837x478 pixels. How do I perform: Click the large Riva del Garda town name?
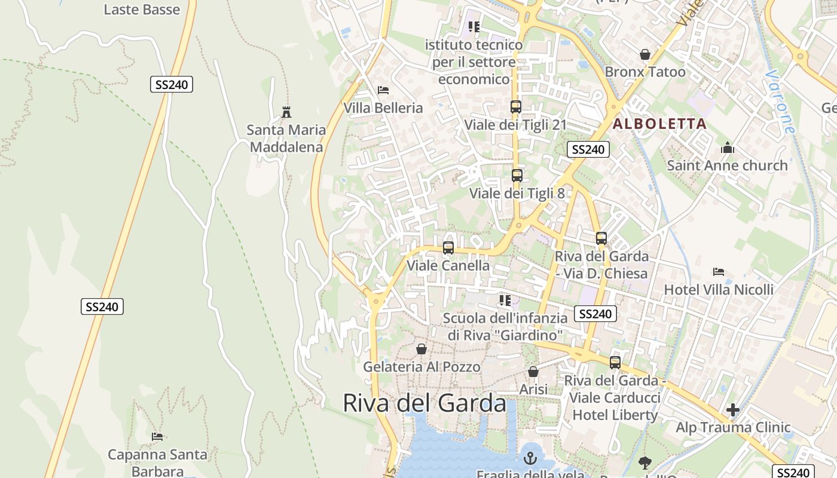pos(424,403)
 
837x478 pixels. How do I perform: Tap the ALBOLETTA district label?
pos(659,124)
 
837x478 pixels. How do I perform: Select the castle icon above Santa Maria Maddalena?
pos(286,112)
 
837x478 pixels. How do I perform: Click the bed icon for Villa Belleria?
pos(383,90)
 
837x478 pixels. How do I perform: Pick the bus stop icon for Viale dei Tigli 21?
pos(515,107)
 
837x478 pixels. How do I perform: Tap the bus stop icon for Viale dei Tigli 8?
pos(517,176)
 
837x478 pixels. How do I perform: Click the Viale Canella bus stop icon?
pos(448,248)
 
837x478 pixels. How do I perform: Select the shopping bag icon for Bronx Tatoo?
pos(645,54)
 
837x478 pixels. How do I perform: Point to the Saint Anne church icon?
pos(727,148)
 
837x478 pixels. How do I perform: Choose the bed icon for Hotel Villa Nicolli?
pos(719,272)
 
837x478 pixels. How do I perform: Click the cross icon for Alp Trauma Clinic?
pos(732,410)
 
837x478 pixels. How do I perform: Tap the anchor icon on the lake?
pos(530,458)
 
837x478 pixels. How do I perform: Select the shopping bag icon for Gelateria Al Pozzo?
pos(421,349)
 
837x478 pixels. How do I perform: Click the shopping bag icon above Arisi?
pos(533,372)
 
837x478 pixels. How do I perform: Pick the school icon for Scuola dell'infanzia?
pos(505,300)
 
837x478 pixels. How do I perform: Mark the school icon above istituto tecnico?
pos(474,27)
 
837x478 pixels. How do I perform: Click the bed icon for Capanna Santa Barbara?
pos(157,437)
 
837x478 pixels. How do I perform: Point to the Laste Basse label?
pos(142,10)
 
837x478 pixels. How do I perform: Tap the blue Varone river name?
pos(780,102)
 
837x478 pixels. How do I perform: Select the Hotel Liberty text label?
pos(615,415)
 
